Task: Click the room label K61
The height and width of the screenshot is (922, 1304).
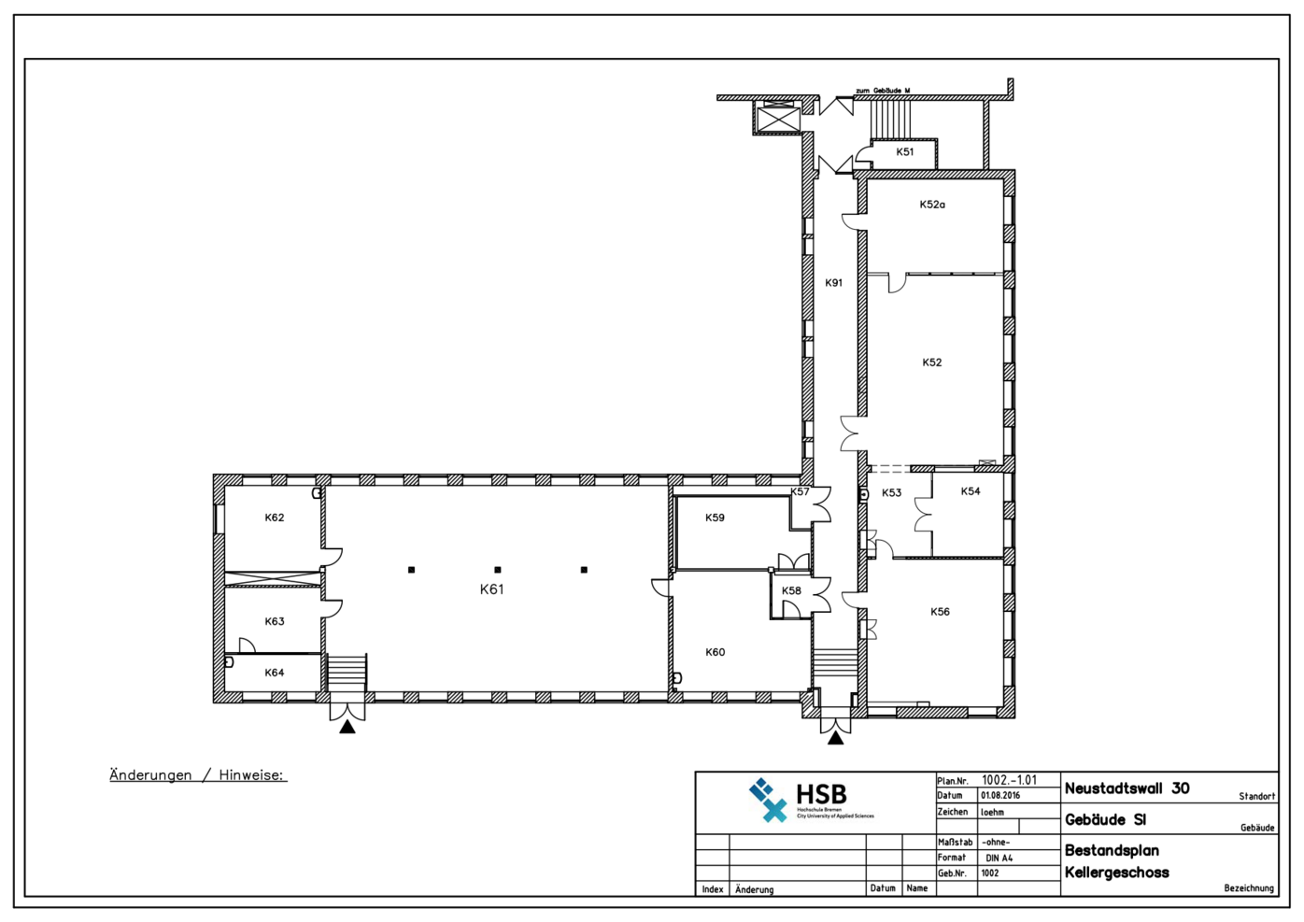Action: pos(491,589)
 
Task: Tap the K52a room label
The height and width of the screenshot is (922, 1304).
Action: pos(931,205)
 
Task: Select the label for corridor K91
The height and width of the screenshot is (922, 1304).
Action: pos(833,283)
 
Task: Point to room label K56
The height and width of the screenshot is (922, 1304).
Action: pos(940,612)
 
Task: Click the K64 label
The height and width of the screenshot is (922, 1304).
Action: pos(274,673)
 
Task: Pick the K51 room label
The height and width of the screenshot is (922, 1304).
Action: pos(904,152)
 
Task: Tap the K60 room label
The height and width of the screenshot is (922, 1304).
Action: pos(715,652)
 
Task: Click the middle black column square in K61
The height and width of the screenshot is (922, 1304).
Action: pos(498,570)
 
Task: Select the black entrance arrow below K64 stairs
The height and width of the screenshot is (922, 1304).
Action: pos(347,727)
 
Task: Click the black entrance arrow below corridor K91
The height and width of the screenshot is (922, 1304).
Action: pos(836,738)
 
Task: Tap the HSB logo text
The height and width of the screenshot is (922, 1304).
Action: pos(821,794)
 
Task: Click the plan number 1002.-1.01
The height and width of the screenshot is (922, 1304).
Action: pos(1009,780)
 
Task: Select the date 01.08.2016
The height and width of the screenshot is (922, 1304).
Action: pos(1000,796)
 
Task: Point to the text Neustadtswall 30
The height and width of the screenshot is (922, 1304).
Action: pos(1127,788)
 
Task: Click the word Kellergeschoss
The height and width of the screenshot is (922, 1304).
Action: pos(1116,872)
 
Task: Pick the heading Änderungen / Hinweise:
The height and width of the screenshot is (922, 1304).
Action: pos(198,774)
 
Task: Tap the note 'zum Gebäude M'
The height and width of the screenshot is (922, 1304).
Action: pos(883,91)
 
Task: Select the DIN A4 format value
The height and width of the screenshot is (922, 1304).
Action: pos(999,858)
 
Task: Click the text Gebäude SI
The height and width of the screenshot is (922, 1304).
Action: pos(1105,820)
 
